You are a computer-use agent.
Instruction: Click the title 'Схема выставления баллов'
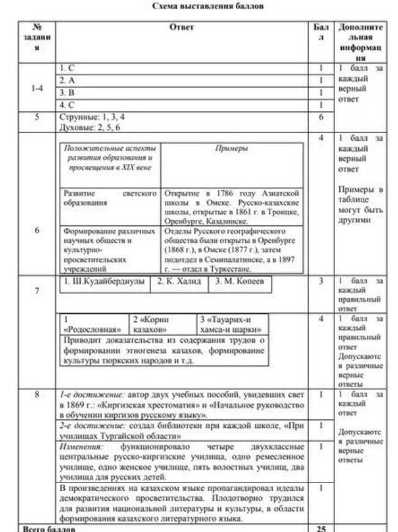208,7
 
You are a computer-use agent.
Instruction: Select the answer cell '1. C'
67,68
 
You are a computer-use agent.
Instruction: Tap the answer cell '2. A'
67,80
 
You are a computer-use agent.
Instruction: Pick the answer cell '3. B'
67,92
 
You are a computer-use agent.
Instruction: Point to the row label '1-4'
37,87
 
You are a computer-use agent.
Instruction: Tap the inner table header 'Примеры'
232,149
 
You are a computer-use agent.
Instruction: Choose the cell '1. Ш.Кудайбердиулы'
105,282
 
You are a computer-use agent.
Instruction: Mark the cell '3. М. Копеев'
240,282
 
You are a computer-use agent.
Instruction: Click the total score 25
320,528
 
